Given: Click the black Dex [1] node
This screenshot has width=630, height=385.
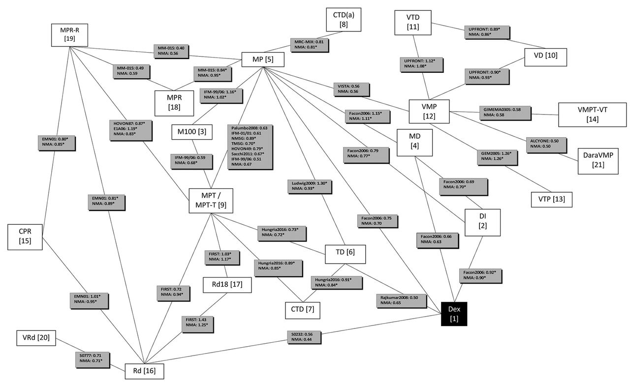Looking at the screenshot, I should point(453,313).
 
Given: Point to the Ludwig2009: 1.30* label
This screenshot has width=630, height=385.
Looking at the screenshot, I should point(310,186).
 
